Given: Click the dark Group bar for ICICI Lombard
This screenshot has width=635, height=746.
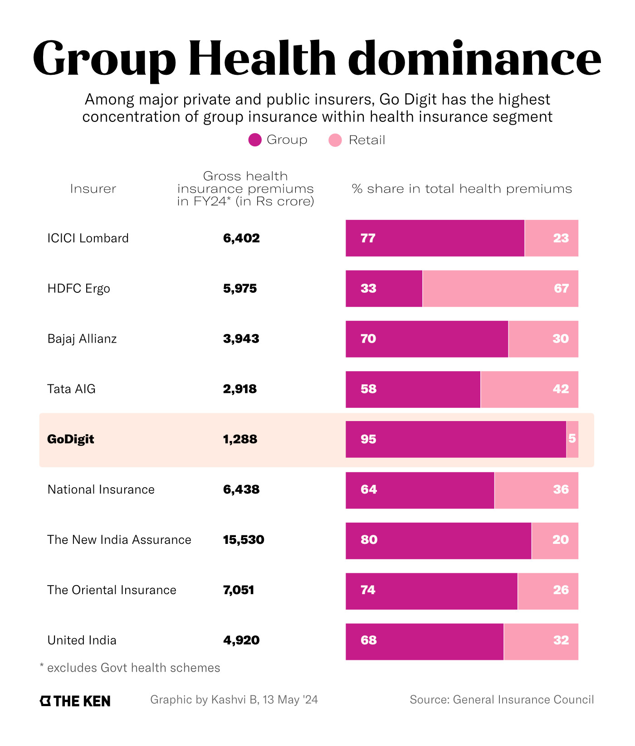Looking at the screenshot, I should [x=435, y=238].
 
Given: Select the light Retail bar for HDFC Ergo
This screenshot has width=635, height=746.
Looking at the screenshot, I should [x=500, y=289].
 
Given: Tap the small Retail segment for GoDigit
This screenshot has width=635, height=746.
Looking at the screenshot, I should [x=572, y=439].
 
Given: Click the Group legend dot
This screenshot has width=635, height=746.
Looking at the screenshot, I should [x=255, y=140].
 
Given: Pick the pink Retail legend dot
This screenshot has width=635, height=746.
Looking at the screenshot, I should [x=335, y=140].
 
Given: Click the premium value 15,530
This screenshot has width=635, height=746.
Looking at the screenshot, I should [x=244, y=540].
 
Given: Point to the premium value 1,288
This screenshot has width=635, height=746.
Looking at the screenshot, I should [x=240, y=439].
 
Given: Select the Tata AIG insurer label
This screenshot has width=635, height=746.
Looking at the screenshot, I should [x=71, y=389].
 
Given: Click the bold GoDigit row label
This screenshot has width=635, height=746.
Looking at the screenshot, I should [x=71, y=439].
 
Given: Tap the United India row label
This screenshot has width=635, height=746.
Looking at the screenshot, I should [x=82, y=640].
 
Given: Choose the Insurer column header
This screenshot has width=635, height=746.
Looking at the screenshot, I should [x=93, y=189].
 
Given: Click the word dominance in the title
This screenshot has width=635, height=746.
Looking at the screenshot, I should [x=474, y=59].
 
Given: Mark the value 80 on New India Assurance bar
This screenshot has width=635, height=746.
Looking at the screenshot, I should [x=369, y=540].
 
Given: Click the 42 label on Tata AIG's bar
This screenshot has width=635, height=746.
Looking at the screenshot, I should [x=561, y=389].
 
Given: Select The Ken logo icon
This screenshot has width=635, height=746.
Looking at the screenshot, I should [x=45, y=701].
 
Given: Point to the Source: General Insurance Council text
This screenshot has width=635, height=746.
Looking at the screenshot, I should [x=502, y=700].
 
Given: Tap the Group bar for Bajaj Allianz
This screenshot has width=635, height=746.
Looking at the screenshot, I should [x=426, y=339].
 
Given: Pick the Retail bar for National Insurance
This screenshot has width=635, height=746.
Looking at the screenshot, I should [x=536, y=489].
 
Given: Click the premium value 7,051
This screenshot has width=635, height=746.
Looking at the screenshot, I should [x=239, y=590].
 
